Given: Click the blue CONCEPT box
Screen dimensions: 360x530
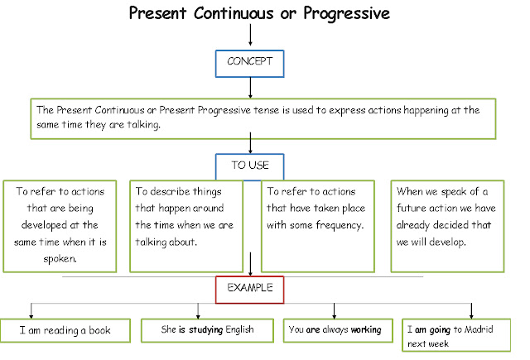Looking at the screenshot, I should (250, 62).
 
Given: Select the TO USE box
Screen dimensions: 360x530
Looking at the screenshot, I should (249, 165).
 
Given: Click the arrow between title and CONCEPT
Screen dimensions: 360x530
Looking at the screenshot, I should (250, 35).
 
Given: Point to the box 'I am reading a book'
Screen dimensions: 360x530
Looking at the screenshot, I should (65, 330).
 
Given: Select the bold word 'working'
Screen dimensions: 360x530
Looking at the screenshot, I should (365, 330).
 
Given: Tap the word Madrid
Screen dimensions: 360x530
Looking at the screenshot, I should (481, 329).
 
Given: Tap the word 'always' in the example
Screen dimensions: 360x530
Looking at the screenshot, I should (333, 330).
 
